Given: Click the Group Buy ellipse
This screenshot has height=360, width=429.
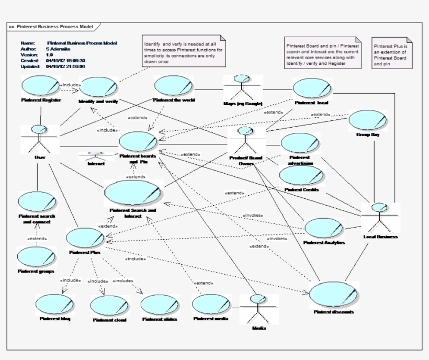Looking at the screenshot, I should point(368,120).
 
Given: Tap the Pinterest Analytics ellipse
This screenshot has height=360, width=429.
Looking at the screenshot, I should point(324,228).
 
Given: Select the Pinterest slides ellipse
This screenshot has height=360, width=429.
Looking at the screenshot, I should point(160,305).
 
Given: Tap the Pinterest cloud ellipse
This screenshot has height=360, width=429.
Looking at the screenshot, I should point(109,306).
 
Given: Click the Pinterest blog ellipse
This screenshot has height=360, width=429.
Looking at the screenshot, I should point(54,304).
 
